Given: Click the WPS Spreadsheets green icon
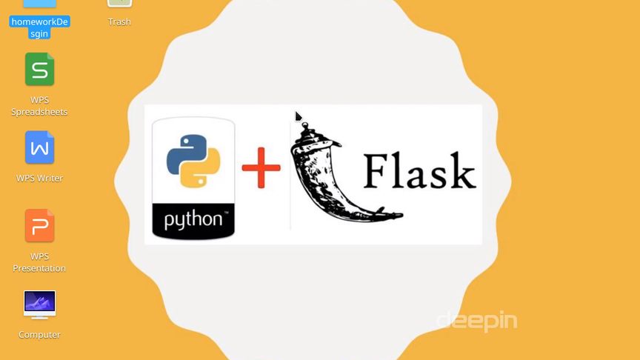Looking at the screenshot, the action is [39, 70].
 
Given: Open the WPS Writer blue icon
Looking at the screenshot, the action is [39, 147].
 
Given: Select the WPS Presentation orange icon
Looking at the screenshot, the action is [39, 225].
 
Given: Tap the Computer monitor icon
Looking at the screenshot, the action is [39, 304].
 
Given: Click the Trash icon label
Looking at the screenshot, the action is [119, 22].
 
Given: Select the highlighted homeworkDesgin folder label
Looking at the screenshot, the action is [39, 27].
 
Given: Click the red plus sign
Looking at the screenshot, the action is [261, 167].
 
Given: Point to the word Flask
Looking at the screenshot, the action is [419, 172].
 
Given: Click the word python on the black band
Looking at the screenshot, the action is [193, 220].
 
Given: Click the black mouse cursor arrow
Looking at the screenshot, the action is [298, 116].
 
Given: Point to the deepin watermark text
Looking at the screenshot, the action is [476, 321].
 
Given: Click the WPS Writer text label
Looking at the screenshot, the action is [39, 179].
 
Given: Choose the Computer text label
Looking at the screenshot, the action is [39, 335].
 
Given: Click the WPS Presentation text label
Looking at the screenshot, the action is [39, 262].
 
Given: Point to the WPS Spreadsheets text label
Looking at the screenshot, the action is [39, 106].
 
